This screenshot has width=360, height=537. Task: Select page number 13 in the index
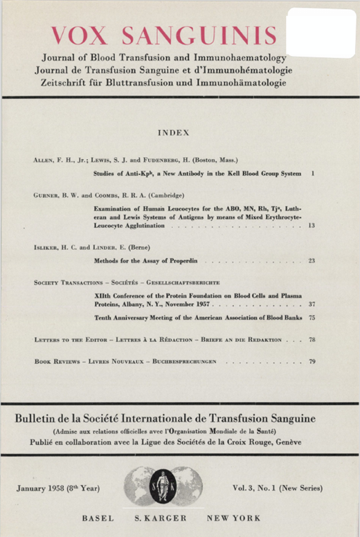tap(312, 226)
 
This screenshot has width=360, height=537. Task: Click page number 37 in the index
tap(312, 304)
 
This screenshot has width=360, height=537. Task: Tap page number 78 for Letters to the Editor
tap(312, 340)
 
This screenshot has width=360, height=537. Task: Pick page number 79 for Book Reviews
tap(312, 362)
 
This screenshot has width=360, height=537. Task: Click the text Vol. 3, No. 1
tap(262, 489)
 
